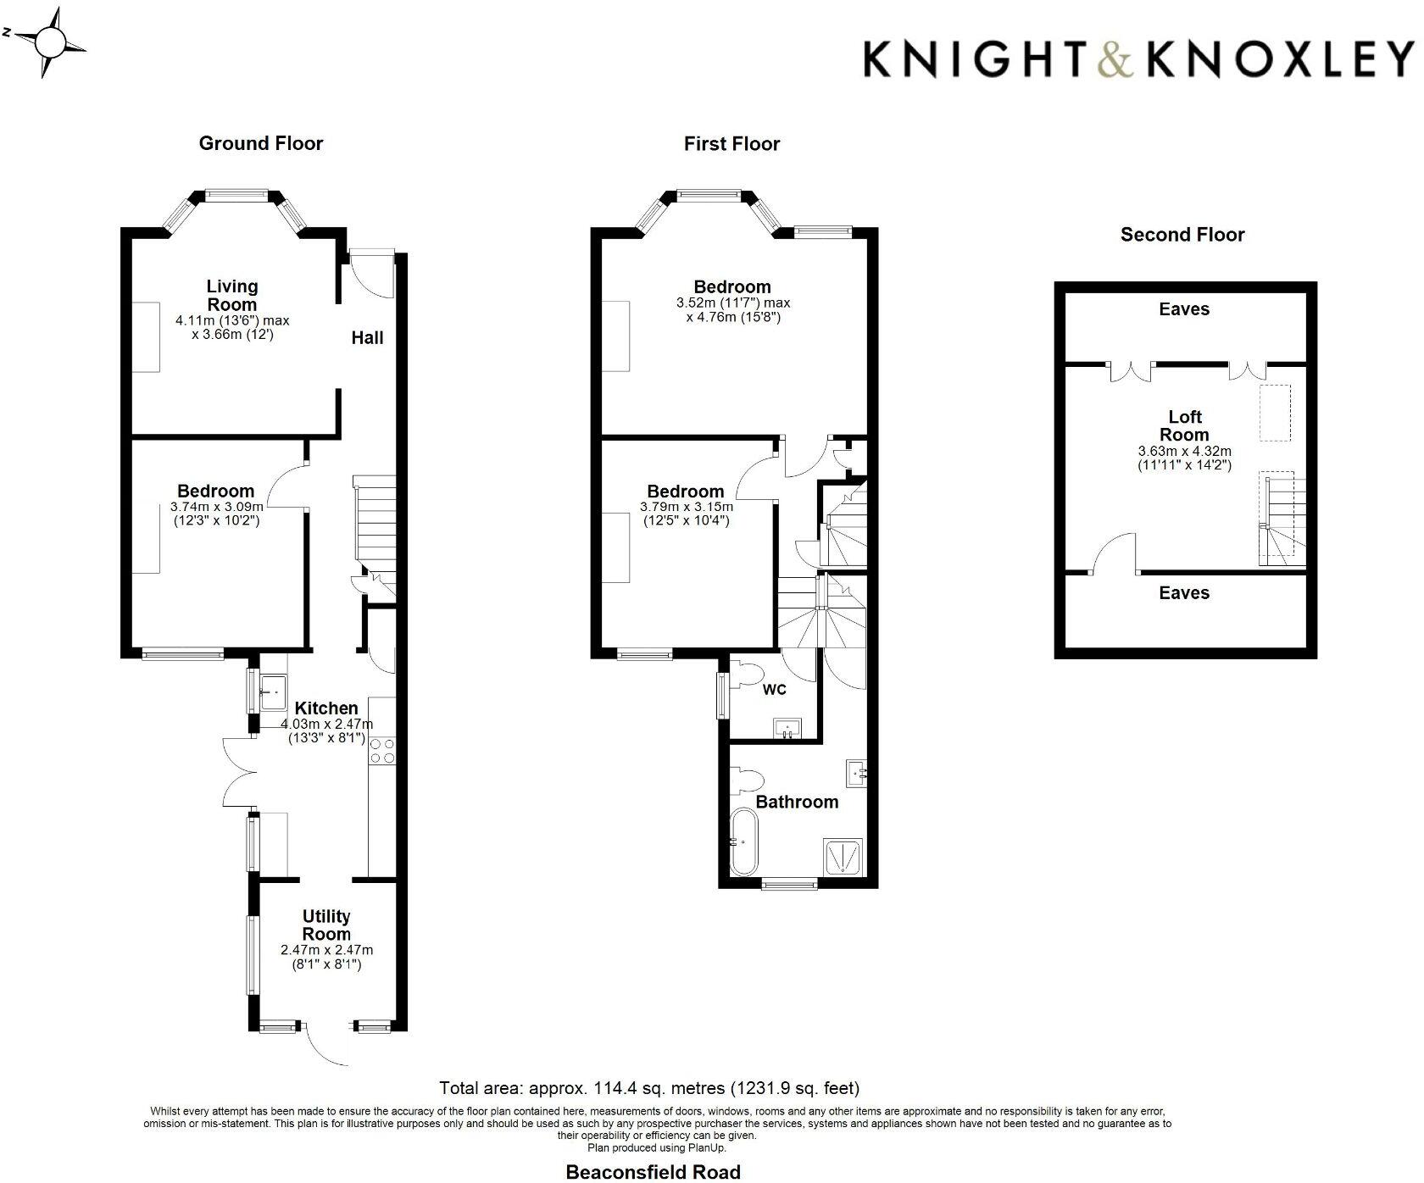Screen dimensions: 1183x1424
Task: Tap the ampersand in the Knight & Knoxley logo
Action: tap(1113, 59)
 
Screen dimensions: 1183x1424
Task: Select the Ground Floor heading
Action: tap(260, 143)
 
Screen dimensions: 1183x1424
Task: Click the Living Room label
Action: tap(231, 295)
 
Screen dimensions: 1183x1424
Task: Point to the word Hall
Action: tap(367, 337)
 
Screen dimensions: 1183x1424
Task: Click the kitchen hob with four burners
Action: tap(382, 751)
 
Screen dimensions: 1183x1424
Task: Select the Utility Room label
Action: tap(326, 925)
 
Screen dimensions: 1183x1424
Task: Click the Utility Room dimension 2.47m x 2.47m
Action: tap(326, 950)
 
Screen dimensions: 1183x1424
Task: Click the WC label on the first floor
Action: tap(774, 690)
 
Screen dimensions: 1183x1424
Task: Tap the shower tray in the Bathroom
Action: tap(843, 855)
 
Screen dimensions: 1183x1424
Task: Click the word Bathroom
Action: tap(797, 802)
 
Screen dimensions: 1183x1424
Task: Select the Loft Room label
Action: tap(1184, 425)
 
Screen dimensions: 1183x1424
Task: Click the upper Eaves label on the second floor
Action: tap(1183, 309)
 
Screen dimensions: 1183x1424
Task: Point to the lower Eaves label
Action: tap(1183, 593)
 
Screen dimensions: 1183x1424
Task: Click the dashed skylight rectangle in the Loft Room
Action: tap(1274, 413)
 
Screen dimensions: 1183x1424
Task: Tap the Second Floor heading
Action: tap(1182, 235)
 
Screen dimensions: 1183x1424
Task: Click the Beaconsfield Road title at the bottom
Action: tap(653, 1172)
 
